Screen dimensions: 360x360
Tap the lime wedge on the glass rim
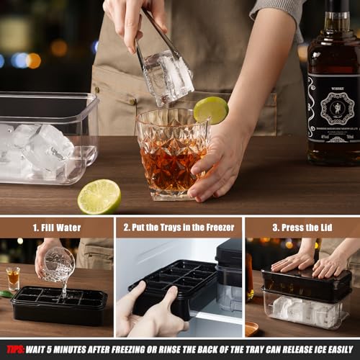211,109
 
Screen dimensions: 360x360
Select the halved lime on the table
99,197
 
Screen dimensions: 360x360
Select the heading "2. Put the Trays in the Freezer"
179,228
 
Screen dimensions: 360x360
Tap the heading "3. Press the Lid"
302,228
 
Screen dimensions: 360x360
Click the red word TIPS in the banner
15,350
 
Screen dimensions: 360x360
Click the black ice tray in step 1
60,305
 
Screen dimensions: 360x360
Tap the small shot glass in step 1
12,278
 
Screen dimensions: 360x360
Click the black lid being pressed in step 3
306,284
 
